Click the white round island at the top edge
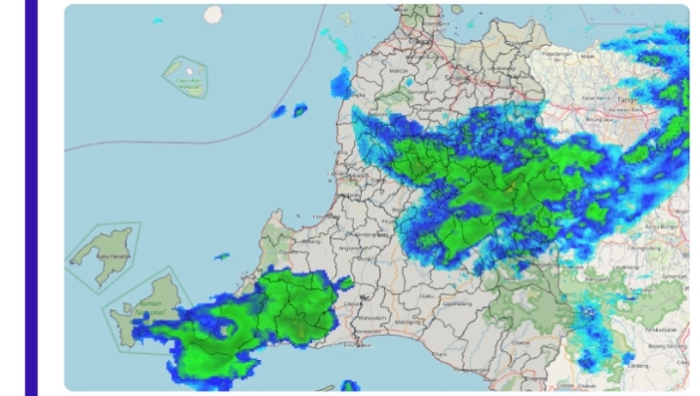coord(213,14)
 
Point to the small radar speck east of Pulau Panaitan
coord(222,257)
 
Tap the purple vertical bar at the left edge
coord(31,195)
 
